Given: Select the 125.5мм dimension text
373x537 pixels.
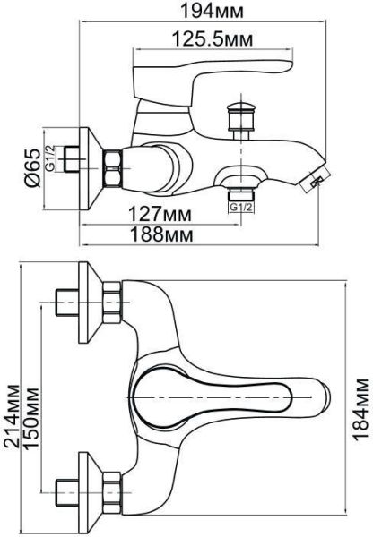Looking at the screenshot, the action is [x=213, y=38].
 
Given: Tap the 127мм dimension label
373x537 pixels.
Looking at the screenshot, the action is [x=160, y=215].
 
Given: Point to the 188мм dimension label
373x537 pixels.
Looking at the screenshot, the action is [x=160, y=234].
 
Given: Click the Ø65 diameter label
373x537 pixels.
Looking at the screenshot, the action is [x=33, y=168].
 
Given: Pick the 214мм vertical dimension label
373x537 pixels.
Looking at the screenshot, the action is [x=12, y=415].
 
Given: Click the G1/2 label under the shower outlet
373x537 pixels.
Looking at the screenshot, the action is [x=241, y=207].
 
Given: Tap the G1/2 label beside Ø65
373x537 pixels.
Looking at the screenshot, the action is [x=50, y=158].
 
